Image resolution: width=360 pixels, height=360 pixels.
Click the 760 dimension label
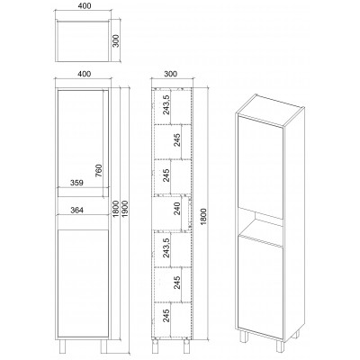click(99, 170)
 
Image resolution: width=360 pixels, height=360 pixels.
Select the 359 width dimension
click(76, 183)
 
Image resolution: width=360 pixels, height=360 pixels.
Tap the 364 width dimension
click(76, 210)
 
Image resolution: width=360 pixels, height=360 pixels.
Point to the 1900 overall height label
click(125, 209)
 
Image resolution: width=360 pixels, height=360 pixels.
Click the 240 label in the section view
click(177, 209)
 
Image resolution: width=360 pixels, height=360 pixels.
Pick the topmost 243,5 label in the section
click(166, 104)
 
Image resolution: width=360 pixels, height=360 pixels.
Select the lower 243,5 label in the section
click(166, 247)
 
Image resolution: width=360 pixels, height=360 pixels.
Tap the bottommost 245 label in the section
click(166, 316)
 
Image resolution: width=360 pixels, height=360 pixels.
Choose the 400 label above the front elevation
click(84, 74)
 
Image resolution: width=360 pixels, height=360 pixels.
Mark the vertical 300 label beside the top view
click(116, 40)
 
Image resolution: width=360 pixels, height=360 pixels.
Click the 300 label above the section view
click(171, 74)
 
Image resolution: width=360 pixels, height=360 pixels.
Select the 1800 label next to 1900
click(117, 209)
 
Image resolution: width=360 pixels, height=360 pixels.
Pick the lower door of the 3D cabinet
click(260, 286)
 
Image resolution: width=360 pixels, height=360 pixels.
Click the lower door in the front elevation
click(83, 283)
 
